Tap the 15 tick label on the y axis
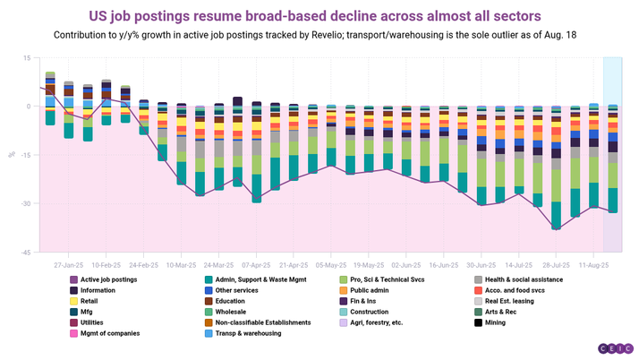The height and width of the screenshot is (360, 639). (28, 57)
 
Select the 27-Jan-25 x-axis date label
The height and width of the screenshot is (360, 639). (69, 266)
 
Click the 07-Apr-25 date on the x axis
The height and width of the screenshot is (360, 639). (257, 266)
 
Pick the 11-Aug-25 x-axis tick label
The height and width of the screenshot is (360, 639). (594, 266)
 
